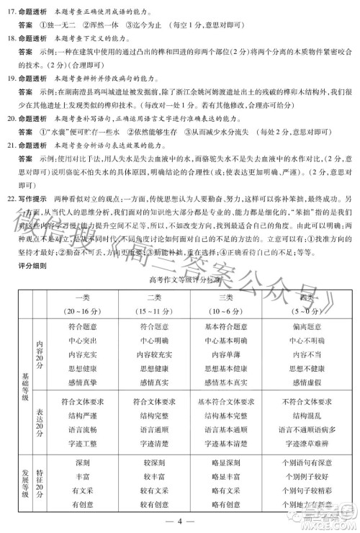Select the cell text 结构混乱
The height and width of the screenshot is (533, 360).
pos(305,416)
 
